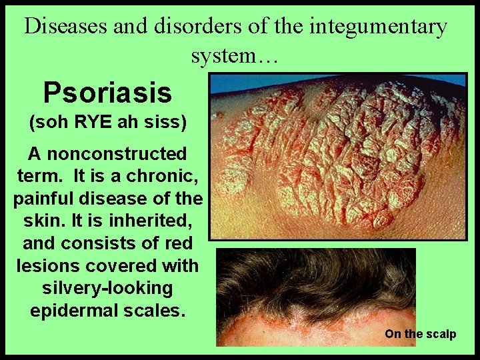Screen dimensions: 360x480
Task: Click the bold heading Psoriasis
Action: click(x=107, y=93)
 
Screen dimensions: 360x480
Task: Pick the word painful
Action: click(x=47, y=199)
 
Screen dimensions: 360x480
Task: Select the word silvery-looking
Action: click(x=107, y=289)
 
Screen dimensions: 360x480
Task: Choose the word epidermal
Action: click(x=74, y=311)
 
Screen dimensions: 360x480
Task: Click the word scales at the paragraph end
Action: click(x=154, y=311)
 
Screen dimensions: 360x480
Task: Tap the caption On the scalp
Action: click(x=420, y=334)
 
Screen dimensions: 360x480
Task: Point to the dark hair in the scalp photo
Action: click(x=313, y=280)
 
